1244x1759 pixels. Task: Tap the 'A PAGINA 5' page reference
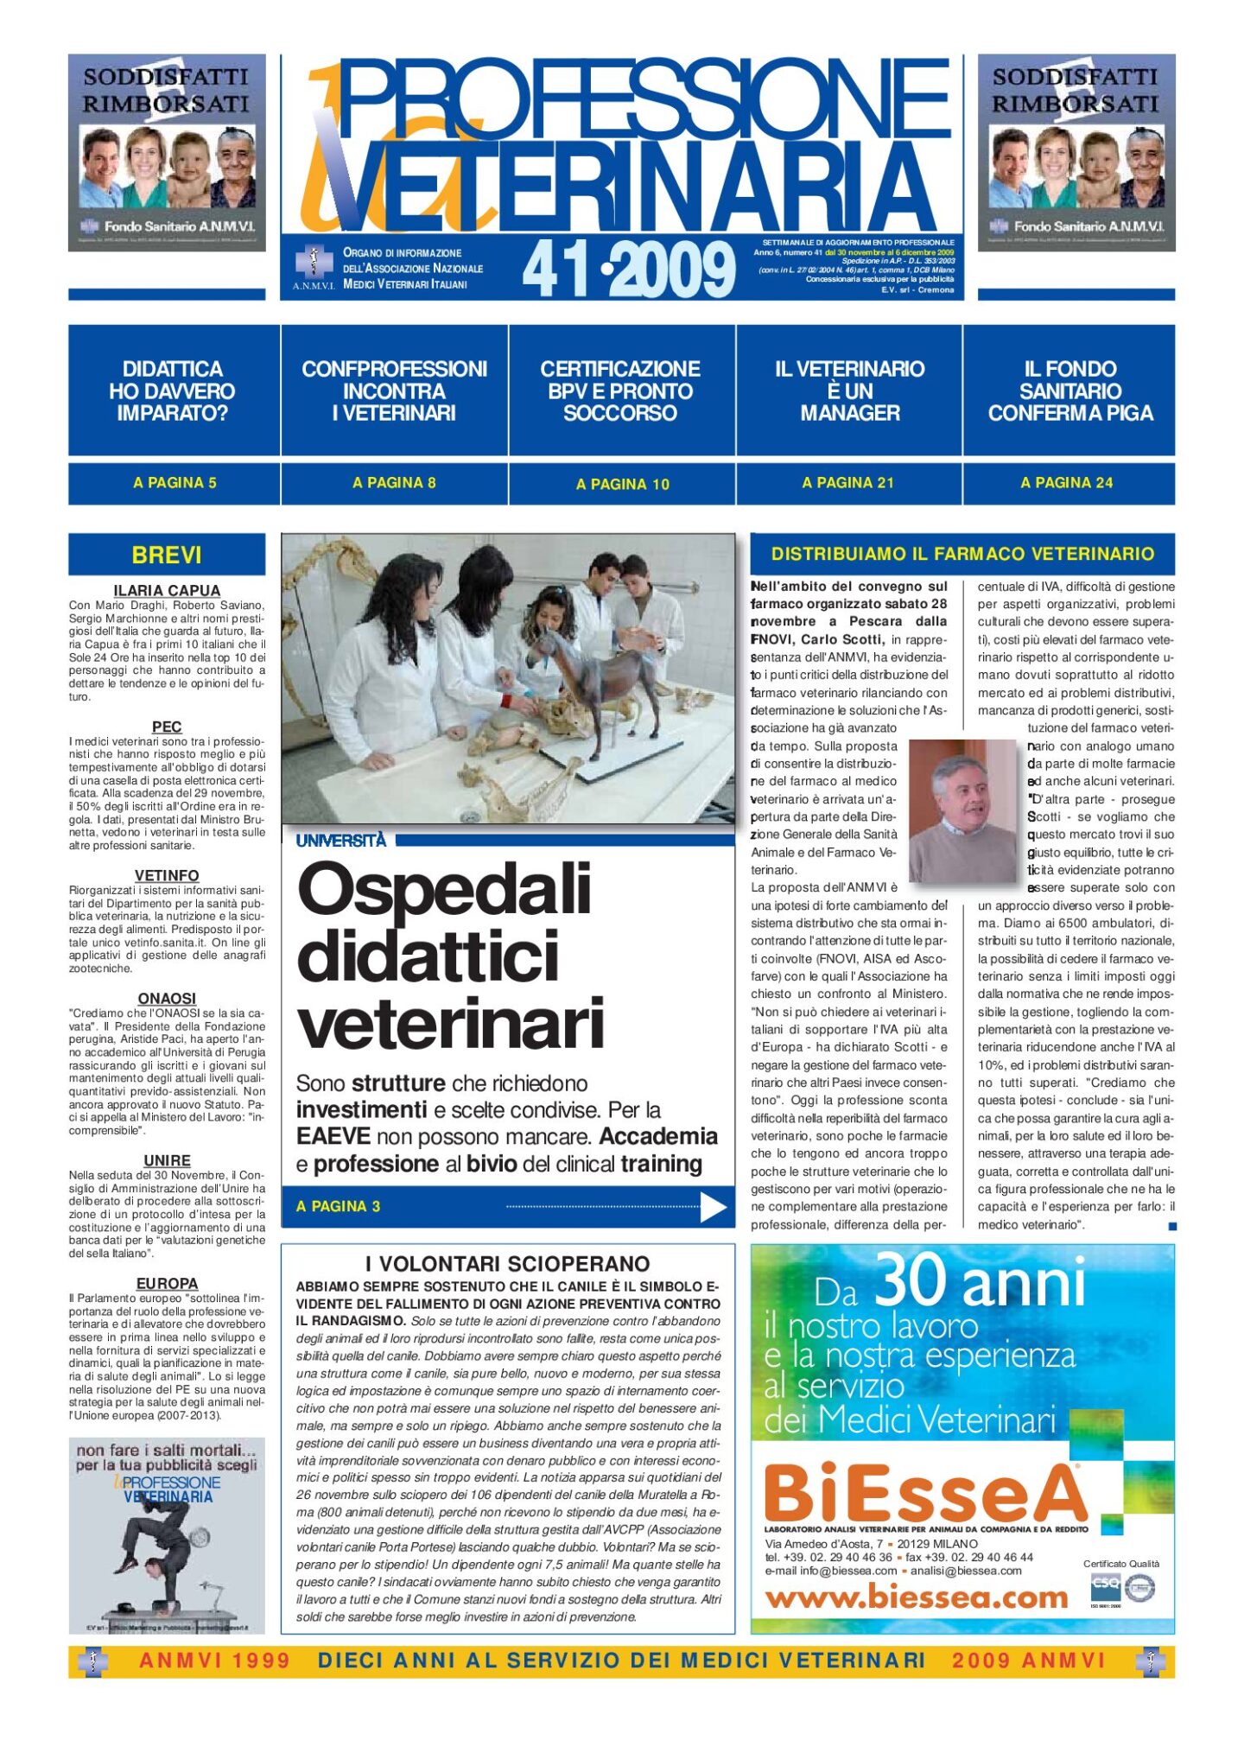(175, 483)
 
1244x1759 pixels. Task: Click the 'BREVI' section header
(167, 555)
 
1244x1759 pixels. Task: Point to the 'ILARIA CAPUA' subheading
(167, 591)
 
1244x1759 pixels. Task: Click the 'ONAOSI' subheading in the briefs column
(167, 999)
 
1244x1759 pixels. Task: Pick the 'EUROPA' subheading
(167, 1284)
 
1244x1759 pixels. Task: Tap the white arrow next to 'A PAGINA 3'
(713, 1207)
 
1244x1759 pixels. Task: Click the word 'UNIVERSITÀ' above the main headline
(341, 841)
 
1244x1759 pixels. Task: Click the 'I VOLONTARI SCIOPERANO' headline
(507, 1264)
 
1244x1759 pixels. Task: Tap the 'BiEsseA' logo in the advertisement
(924, 1492)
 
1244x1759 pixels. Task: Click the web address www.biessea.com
(916, 1597)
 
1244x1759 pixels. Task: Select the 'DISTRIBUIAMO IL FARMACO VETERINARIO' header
(962, 554)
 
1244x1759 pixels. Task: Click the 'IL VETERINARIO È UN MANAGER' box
(849, 391)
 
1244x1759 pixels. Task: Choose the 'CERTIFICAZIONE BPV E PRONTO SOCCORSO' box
(620, 391)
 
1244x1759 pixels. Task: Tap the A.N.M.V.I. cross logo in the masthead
(313, 261)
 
